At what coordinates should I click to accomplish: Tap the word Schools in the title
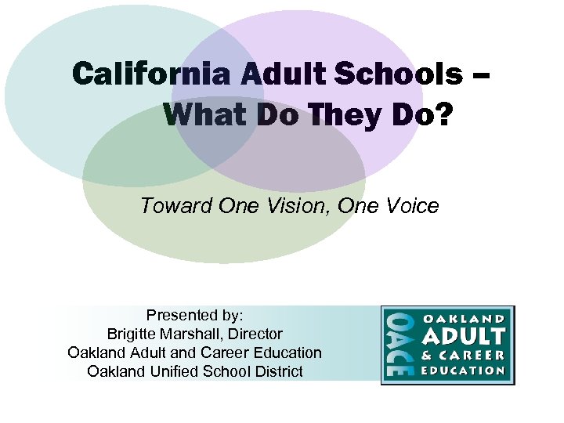tap(397, 75)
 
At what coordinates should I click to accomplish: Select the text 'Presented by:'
tap(195, 316)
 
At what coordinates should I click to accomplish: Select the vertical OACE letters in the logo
tap(397, 345)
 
